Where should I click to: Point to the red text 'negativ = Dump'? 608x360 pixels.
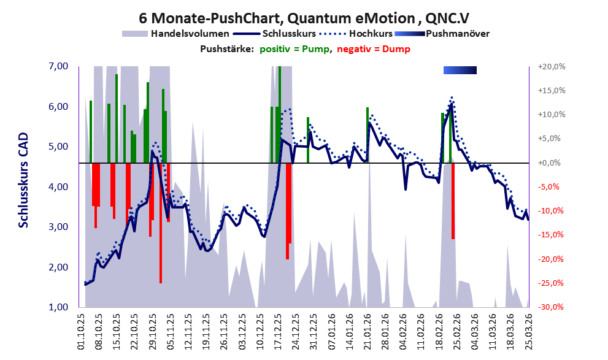372,49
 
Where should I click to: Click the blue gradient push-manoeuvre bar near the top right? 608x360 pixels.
460,71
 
